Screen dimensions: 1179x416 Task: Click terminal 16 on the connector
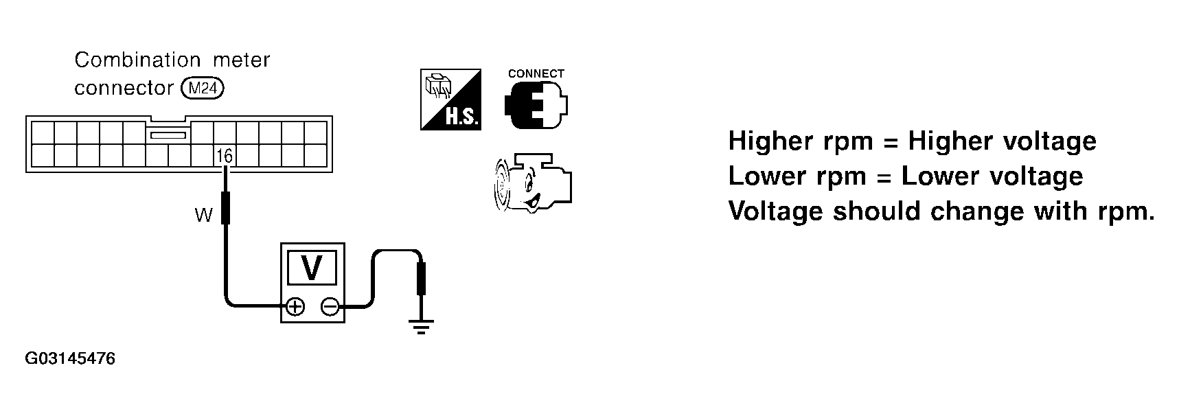[x=225, y=156]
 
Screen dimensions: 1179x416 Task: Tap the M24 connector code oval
[x=203, y=89]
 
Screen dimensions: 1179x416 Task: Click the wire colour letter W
[x=203, y=216]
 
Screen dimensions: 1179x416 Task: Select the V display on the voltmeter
[x=312, y=267]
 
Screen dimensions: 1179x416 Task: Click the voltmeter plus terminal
[x=295, y=307]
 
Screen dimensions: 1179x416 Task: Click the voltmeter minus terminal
[x=330, y=307]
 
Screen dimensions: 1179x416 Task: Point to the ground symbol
[x=421, y=325]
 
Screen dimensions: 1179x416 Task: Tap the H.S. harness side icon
[x=450, y=100]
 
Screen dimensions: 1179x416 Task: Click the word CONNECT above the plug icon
[x=536, y=73]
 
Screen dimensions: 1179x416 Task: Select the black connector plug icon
[x=536, y=104]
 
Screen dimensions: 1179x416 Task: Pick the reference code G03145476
[x=70, y=359]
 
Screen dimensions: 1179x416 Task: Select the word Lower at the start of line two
[x=764, y=176]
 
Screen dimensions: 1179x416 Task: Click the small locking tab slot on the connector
[x=169, y=136]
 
